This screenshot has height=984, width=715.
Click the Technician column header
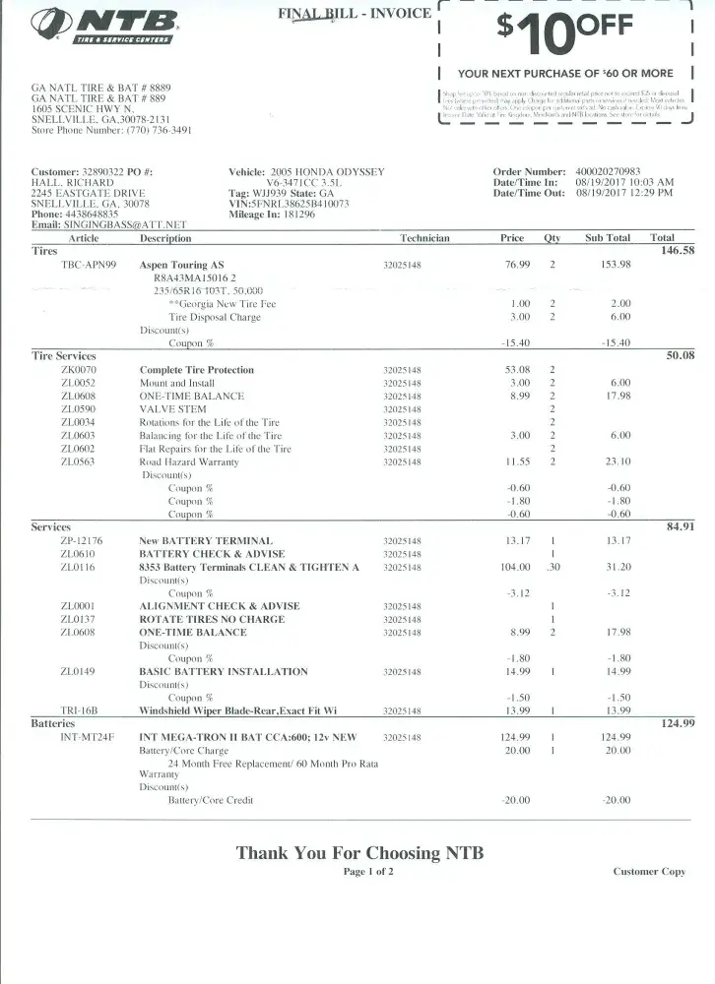[424, 238]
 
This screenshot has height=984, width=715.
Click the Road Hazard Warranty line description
[189, 461]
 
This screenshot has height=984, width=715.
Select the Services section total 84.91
[681, 526]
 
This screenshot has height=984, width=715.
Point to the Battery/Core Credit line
[211, 800]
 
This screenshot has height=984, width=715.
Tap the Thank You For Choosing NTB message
[359, 852]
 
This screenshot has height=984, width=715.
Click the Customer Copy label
[648, 872]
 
